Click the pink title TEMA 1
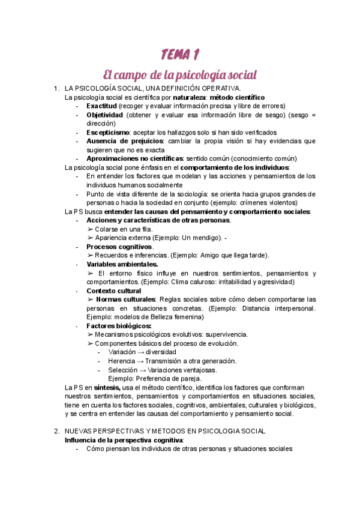[180, 55]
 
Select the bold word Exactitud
[102, 106]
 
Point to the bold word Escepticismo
[108, 132]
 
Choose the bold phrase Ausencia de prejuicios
[125, 141]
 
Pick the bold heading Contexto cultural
[114, 291]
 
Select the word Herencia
[122, 361]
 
